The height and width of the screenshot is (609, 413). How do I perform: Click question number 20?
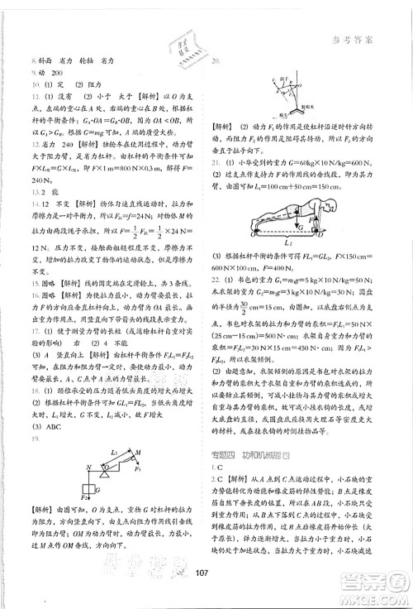(216, 61)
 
